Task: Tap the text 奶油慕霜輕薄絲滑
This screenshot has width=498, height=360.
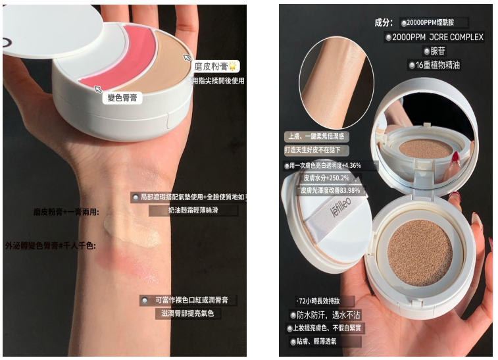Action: click(x=184, y=211)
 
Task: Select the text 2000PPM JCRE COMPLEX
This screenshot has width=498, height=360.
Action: click(x=437, y=37)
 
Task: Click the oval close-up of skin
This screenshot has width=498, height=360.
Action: click(x=332, y=82)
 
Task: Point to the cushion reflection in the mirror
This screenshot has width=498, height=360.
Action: click(x=424, y=148)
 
